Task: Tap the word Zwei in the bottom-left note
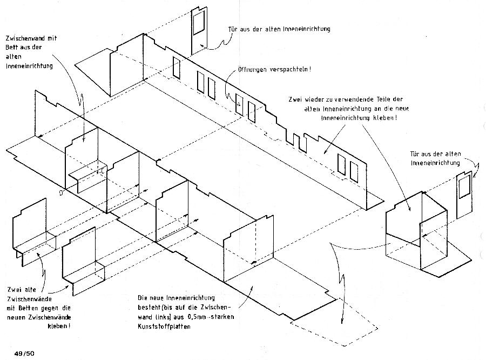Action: coord(15,289)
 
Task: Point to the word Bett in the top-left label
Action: coord(13,48)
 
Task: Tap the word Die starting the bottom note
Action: coord(143,297)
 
